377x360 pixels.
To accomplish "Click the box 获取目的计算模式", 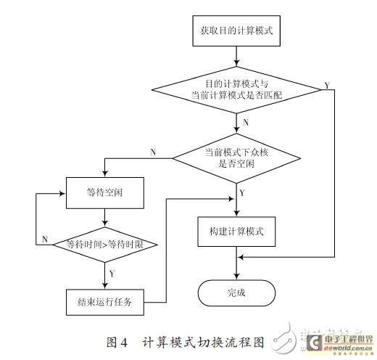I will click(236, 32).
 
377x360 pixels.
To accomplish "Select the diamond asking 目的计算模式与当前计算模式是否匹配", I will click(236, 90).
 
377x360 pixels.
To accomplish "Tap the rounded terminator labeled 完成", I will click(236, 293).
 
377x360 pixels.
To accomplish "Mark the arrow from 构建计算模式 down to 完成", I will click(236, 261).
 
